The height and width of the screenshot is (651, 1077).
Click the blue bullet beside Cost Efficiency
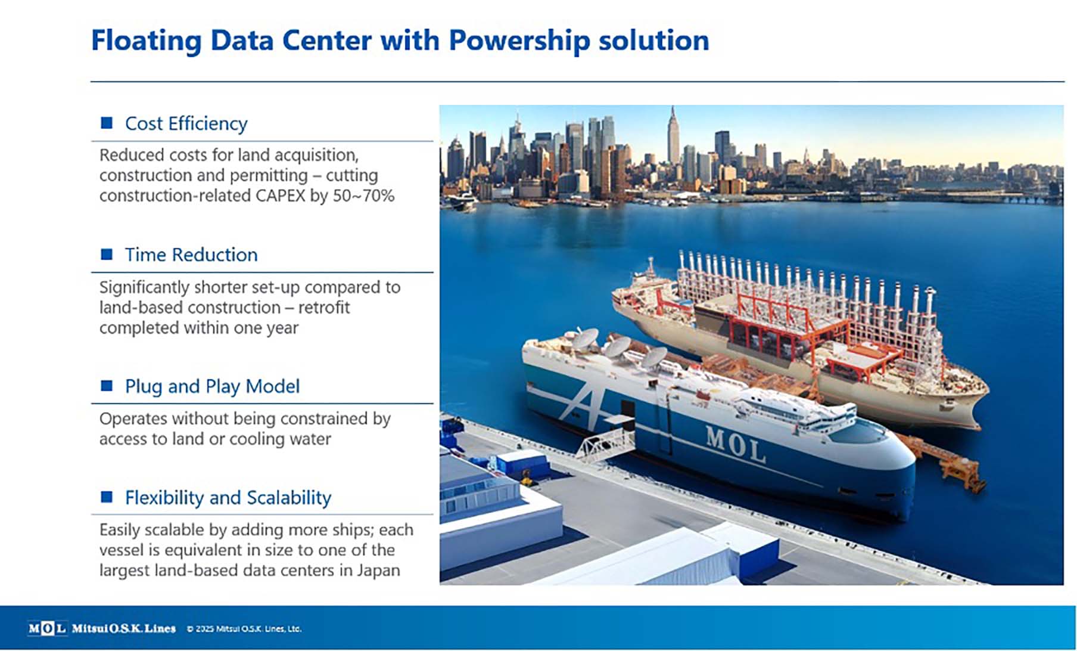[107, 123]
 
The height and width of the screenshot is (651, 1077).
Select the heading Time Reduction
[191, 255]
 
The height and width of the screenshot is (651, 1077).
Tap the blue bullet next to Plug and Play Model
[107, 386]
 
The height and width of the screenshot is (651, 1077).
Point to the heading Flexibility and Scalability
[228, 498]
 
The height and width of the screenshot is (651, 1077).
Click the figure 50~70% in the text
[363, 196]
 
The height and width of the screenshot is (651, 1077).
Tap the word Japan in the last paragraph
[378, 571]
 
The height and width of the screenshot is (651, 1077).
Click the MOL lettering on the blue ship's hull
[735, 444]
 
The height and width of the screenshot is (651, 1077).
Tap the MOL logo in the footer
[47, 628]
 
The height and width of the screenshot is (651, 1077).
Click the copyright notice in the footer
[244, 629]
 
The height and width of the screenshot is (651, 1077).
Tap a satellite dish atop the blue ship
[617, 346]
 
